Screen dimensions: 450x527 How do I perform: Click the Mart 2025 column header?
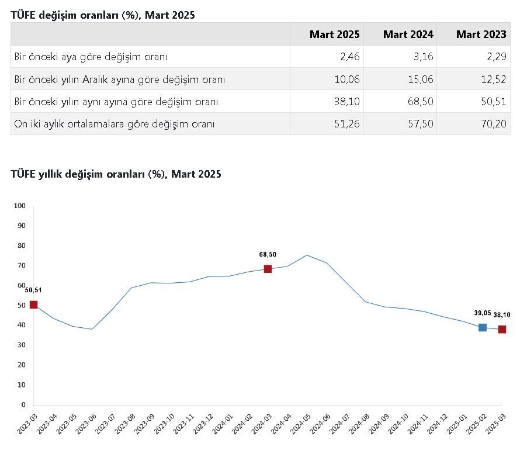[x=335, y=34]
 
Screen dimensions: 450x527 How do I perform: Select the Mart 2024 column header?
[x=408, y=34]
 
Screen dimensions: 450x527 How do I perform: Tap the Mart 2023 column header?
[x=481, y=34]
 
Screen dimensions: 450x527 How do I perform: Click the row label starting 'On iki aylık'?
[x=115, y=124]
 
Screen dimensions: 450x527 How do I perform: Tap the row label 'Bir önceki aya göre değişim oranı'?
[x=91, y=57]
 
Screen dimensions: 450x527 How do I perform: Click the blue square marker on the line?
[x=483, y=327]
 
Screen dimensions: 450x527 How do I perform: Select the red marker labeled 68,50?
[x=268, y=269]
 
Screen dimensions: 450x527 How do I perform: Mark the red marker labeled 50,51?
[x=33, y=304]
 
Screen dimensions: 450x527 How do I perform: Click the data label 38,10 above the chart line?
[x=501, y=315]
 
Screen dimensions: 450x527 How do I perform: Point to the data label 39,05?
[x=483, y=313]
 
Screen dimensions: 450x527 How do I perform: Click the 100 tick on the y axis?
[x=20, y=206]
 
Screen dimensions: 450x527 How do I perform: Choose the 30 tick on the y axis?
[x=21, y=345]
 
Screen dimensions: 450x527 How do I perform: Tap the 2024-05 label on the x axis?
[x=299, y=424]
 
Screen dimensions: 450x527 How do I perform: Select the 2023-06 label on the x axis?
[x=84, y=424]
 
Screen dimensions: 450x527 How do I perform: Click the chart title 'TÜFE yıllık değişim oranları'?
[x=116, y=174]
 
